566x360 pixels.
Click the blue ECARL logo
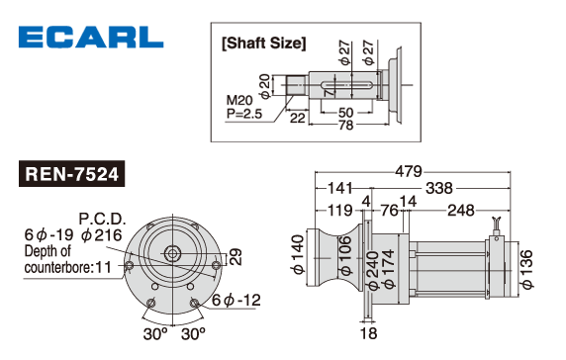[91, 37]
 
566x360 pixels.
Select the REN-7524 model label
[71, 174]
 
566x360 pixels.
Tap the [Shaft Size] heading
[264, 43]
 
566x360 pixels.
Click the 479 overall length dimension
[409, 171]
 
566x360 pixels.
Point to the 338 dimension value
[439, 188]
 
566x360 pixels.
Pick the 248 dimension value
[461, 211]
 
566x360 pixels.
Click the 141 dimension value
[339, 188]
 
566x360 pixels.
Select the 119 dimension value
[339, 211]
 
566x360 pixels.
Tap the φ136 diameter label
[527, 269]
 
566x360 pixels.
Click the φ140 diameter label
[299, 254]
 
